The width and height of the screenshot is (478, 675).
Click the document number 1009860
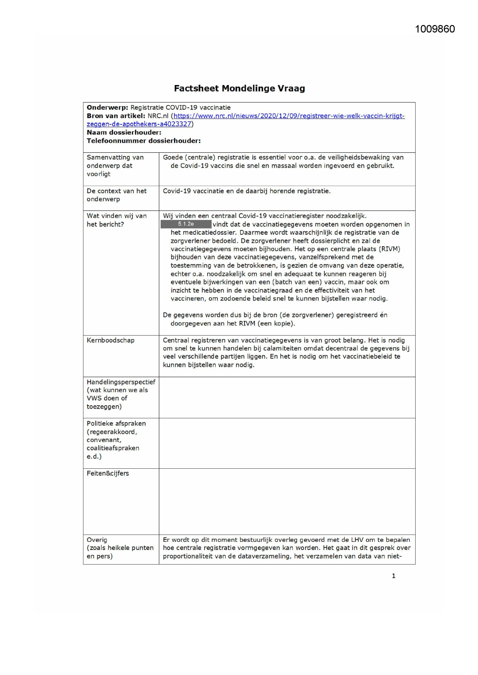pyautogui.click(x=434, y=29)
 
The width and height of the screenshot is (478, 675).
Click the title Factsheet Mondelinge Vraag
pyautogui.click(x=239, y=89)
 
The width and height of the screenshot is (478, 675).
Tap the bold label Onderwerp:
pyautogui.click(x=107, y=107)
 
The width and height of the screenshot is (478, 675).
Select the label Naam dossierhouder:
pyautogui.click(x=124, y=132)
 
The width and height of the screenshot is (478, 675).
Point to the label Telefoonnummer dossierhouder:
pyautogui.click(x=143, y=141)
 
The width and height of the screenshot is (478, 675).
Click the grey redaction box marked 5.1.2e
pyautogui.click(x=186, y=224)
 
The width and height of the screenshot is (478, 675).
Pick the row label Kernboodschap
pyautogui.click(x=111, y=340)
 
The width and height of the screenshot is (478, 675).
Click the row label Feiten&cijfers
pyautogui.click(x=108, y=473)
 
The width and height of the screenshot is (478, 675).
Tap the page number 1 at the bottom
pyautogui.click(x=393, y=576)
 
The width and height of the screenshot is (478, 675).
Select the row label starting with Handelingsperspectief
pyautogui.click(x=121, y=382)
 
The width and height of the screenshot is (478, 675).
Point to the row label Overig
pyautogui.click(x=97, y=540)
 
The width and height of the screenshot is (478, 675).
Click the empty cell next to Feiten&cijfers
pyautogui.click(x=287, y=501)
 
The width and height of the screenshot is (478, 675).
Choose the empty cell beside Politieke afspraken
pyautogui.click(x=287, y=443)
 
